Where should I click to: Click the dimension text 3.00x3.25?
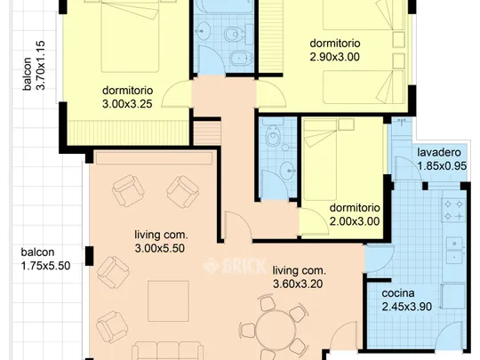(x=127, y=104)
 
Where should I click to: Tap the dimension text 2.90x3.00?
(x=334, y=57)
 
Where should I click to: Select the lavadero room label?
(x=439, y=152)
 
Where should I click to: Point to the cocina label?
(x=398, y=293)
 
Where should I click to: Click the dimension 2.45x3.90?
(x=407, y=307)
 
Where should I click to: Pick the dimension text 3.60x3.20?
(x=298, y=284)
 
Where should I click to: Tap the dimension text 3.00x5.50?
(x=159, y=248)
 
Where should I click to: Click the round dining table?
(x=276, y=330)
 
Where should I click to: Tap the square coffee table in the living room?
(x=168, y=301)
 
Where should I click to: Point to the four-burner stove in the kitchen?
(x=453, y=210)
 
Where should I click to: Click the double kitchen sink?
(x=455, y=251)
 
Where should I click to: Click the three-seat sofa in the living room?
(x=168, y=351)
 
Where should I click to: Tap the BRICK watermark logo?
(x=234, y=266)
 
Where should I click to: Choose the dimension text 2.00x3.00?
(x=355, y=221)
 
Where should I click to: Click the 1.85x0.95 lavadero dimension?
(x=442, y=166)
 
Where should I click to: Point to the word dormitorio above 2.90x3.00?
(x=335, y=44)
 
